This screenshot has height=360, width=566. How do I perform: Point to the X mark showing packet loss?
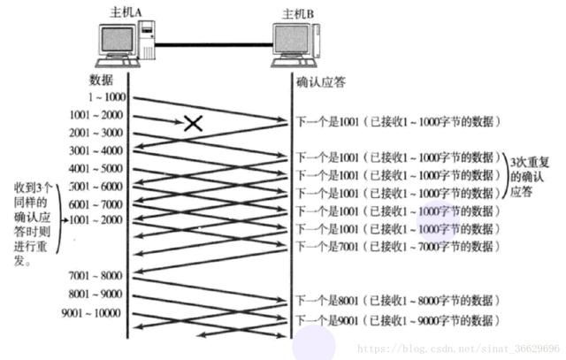coord(193,124)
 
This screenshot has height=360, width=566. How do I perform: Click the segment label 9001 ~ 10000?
coord(89,312)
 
